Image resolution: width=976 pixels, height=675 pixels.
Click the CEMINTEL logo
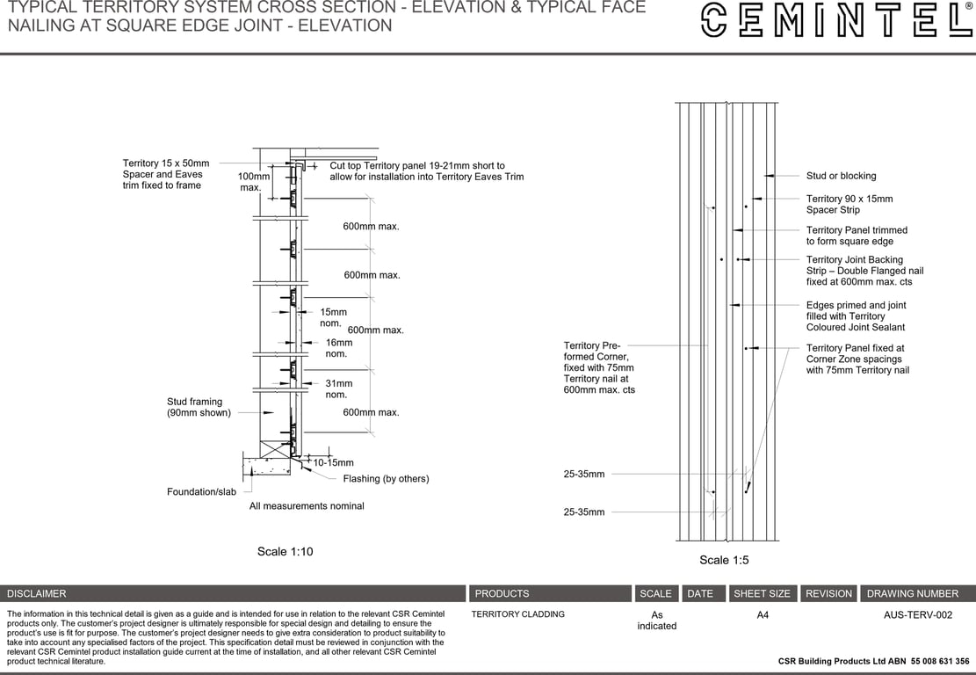(x=835, y=20)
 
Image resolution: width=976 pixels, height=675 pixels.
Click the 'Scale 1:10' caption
(x=285, y=552)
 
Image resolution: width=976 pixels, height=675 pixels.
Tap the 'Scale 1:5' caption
(x=724, y=560)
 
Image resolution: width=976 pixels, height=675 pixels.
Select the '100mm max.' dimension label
(x=254, y=182)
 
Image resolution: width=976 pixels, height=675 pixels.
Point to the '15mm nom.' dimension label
(x=333, y=317)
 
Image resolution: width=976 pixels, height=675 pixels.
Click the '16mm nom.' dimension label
(x=338, y=348)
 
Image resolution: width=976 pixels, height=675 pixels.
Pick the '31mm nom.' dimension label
(x=338, y=388)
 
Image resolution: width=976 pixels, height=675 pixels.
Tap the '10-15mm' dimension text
(x=333, y=462)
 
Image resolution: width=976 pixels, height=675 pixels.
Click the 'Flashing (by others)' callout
(x=386, y=479)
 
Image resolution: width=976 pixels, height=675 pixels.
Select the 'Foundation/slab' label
(x=201, y=492)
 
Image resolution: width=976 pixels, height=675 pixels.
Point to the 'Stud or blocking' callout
(x=841, y=176)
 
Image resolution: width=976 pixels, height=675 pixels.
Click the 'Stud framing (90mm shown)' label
(x=199, y=407)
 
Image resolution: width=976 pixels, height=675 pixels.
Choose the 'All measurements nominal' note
(x=307, y=506)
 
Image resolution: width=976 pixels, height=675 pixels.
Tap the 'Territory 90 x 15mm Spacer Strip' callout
(x=849, y=205)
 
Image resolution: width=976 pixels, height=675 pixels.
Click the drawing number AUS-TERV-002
(x=917, y=615)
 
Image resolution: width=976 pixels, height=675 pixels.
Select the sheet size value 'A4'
(x=763, y=615)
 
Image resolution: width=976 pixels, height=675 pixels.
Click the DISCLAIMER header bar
(x=233, y=593)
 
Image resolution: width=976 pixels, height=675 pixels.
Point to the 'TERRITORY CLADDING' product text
(x=517, y=614)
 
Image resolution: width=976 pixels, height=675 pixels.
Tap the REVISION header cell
(x=828, y=593)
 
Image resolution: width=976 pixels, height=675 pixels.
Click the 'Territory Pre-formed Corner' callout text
(x=598, y=367)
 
